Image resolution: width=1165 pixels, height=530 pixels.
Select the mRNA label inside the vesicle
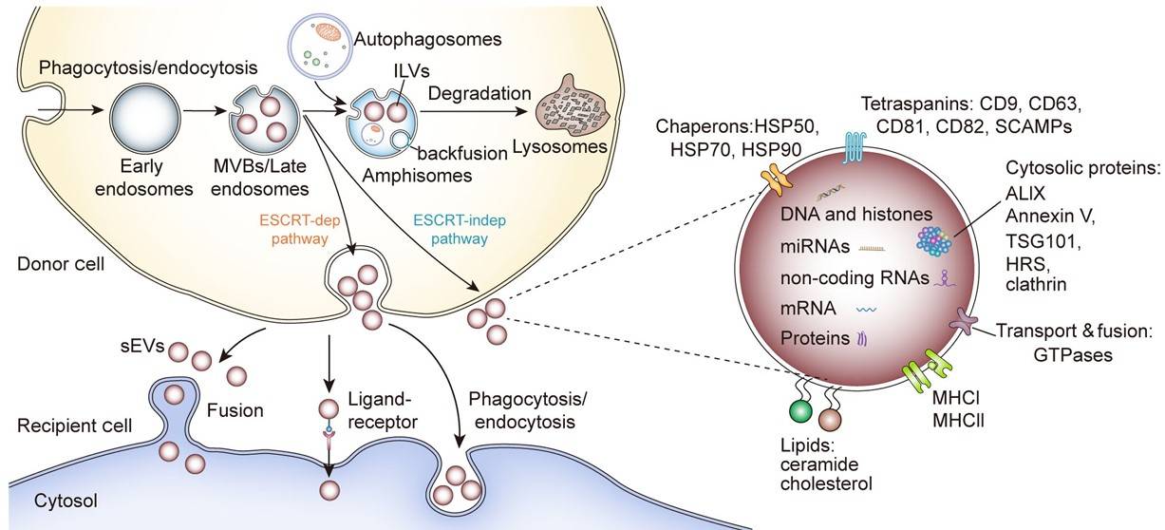click(x=804, y=309)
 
